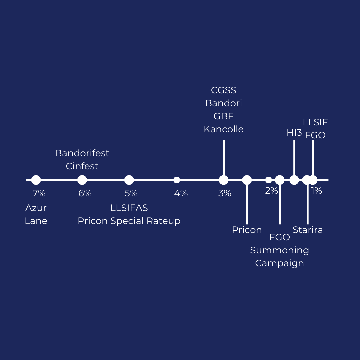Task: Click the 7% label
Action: tap(39, 193)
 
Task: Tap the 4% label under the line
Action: tap(181, 193)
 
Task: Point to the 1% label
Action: tap(316, 190)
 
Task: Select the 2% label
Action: tap(271, 190)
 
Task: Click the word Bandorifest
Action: tap(82, 153)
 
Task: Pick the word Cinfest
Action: tap(82, 166)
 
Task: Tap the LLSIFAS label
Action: tap(129, 208)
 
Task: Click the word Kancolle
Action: tap(224, 129)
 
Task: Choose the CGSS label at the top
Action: tap(224, 90)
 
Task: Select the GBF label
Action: tap(224, 116)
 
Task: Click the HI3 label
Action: tap(294, 133)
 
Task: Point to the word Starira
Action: tap(308, 230)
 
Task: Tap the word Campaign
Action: tap(279, 263)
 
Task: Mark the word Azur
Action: tap(36, 208)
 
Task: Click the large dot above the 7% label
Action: tap(36, 180)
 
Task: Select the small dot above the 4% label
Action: tap(177, 180)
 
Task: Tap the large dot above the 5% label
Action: tap(129, 180)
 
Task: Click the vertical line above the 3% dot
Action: tap(224, 157)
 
